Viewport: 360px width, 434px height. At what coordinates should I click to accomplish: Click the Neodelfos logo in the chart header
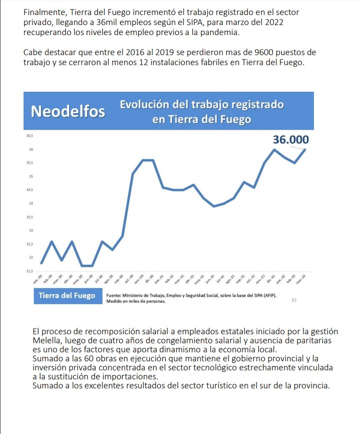pyautogui.click(x=68, y=111)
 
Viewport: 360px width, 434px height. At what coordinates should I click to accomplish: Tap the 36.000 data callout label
pyautogui.click(x=290, y=140)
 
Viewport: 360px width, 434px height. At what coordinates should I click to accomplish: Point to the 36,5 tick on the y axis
pyautogui.click(x=30, y=136)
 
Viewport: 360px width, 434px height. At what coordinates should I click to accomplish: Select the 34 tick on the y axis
pyautogui.click(x=31, y=203)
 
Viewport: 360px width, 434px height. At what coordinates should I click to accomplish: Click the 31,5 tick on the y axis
pyautogui.click(x=30, y=271)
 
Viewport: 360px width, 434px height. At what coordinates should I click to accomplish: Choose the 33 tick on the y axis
pyautogui.click(x=31, y=231)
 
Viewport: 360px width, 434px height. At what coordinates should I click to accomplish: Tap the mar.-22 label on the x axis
pyautogui.click(x=301, y=280)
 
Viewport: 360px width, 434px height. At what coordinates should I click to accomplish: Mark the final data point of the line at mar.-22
pyautogui.click(x=305, y=149)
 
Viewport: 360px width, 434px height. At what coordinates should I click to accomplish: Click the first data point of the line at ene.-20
pyautogui.click(x=41, y=263)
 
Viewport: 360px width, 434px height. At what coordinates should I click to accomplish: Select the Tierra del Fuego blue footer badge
pyautogui.click(x=67, y=296)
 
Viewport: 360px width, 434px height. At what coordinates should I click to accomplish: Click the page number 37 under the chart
pyautogui.click(x=294, y=300)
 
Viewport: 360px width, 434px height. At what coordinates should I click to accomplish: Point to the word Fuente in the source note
pyautogui.click(x=114, y=295)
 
